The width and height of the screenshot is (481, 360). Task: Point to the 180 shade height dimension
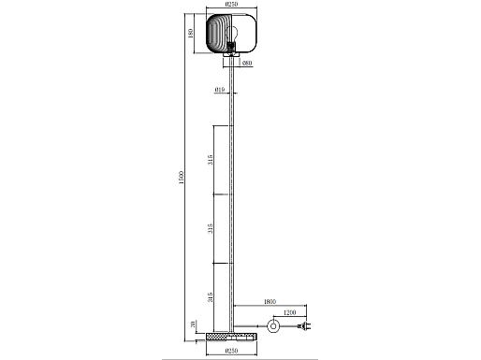(x=192, y=34)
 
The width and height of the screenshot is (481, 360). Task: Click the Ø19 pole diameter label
(x=218, y=90)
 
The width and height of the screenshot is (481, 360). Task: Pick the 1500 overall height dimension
(x=183, y=175)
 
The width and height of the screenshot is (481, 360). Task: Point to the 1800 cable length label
(x=270, y=301)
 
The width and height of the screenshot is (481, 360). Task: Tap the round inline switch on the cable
(x=274, y=325)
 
